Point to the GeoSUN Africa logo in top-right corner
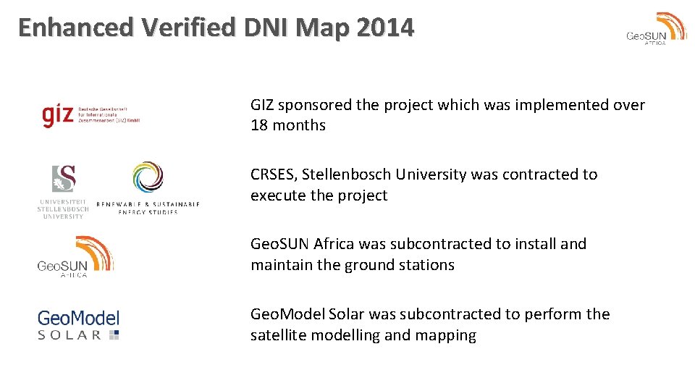click(x=657, y=29)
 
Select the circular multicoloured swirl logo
click(x=148, y=177)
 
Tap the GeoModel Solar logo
click(x=78, y=324)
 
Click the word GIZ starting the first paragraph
click(x=262, y=105)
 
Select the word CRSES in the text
click(x=273, y=175)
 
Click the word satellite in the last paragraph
click(x=278, y=335)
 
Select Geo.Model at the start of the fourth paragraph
click(x=287, y=314)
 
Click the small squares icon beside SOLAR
click(x=114, y=335)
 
